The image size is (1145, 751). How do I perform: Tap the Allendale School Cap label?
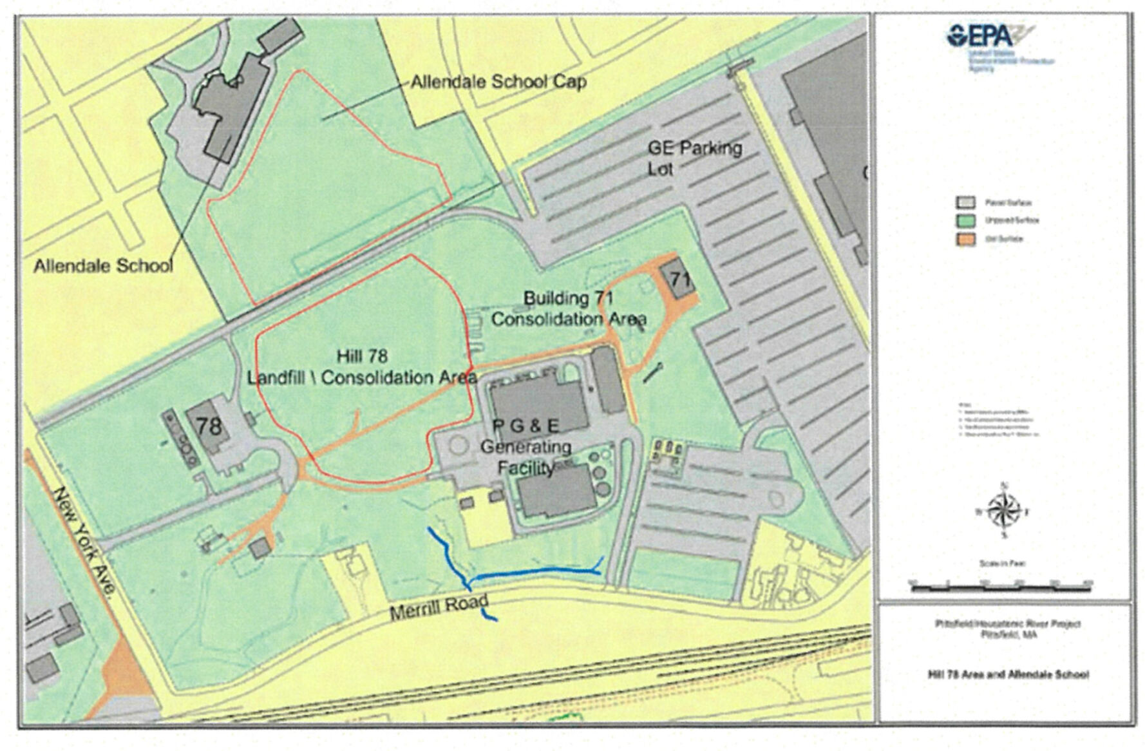tap(498, 82)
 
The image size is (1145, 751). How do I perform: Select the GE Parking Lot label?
tap(694, 158)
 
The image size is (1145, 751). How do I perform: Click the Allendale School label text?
tap(103, 265)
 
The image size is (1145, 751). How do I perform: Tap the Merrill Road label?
tap(439, 607)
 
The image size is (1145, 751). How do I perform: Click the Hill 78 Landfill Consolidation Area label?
tap(362, 367)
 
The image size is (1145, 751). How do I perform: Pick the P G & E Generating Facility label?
tap(526, 446)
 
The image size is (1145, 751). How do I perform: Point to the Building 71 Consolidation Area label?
tap(569, 309)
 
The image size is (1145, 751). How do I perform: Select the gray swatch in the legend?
tap(961, 203)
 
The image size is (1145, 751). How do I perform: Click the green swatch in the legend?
tap(961, 221)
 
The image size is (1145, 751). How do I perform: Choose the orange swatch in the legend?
tap(961, 239)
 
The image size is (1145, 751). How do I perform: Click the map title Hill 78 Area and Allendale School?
tap(1008, 675)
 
